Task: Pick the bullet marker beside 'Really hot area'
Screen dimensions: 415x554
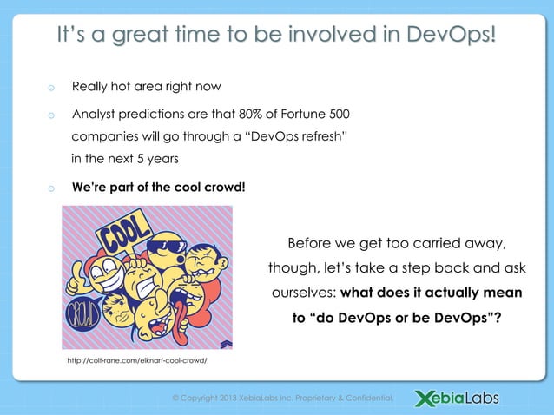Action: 51,88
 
